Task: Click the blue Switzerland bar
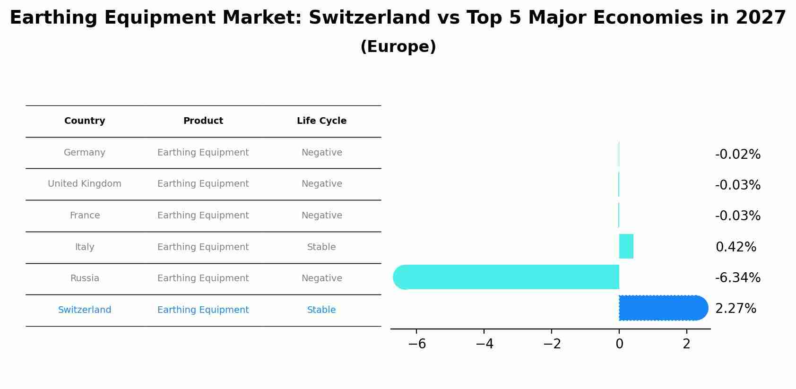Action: point(662,308)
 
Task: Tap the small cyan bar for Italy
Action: point(626,246)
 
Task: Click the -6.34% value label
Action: point(737,278)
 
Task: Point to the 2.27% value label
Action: point(735,309)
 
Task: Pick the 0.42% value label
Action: point(735,247)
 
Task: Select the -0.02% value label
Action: point(737,155)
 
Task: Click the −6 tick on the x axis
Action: point(417,344)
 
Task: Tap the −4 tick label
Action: point(485,344)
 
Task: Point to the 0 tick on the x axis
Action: point(619,344)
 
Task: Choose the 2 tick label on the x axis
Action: point(686,344)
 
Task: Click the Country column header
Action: point(85,121)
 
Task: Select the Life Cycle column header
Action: point(321,121)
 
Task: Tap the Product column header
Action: point(203,121)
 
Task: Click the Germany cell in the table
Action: point(85,153)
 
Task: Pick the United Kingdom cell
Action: point(85,184)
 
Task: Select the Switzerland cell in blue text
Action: point(85,310)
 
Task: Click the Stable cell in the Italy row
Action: point(321,247)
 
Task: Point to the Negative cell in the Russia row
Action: point(321,278)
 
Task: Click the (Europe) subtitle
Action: point(398,47)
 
